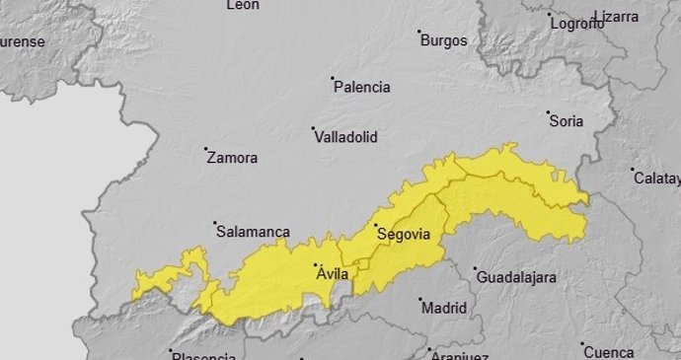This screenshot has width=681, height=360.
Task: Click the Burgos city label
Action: click(x=444, y=41)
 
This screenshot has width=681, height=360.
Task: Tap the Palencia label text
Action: click(x=362, y=88)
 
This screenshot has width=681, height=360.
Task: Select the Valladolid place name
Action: click(x=345, y=138)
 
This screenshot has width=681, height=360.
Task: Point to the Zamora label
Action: click(x=233, y=158)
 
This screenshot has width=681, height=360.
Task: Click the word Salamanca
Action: click(x=253, y=233)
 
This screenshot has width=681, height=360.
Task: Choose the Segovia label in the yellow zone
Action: click(x=404, y=235)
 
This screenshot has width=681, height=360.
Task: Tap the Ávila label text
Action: click(x=333, y=274)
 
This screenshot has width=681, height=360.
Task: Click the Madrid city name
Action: click(x=444, y=309)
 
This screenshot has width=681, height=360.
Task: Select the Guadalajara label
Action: click(x=516, y=278)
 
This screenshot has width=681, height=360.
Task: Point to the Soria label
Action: click(x=567, y=122)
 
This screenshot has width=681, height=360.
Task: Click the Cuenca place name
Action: click(x=609, y=352)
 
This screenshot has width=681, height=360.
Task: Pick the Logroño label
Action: click(x=577, y=24)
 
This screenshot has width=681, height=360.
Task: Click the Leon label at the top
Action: click(x=243, y=5)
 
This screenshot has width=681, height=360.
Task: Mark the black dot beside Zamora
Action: click(x=206, y=150)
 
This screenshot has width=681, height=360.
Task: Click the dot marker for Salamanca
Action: click(x=215, y=224)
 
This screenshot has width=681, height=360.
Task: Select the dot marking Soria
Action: click(x=550, y=113)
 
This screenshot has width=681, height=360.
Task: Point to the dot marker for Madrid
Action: click(x=419, y=300)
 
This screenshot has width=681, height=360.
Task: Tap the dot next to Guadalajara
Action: click(x=475, y=269)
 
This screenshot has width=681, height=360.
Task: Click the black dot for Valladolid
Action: click(x=314, y=128)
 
